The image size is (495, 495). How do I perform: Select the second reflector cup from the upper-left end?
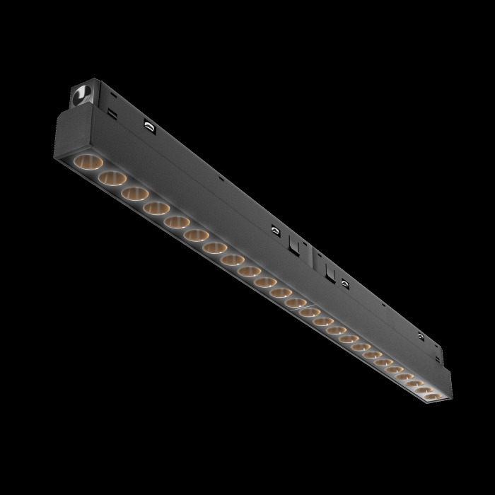point(111,177)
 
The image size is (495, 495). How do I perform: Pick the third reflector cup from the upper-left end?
point(134,194)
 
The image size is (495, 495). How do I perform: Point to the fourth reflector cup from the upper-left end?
point(156,209)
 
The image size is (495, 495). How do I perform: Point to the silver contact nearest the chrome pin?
point(149,125)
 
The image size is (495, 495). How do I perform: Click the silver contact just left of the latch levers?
point(273,229)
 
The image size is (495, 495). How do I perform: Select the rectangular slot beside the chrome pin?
point(112,111)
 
